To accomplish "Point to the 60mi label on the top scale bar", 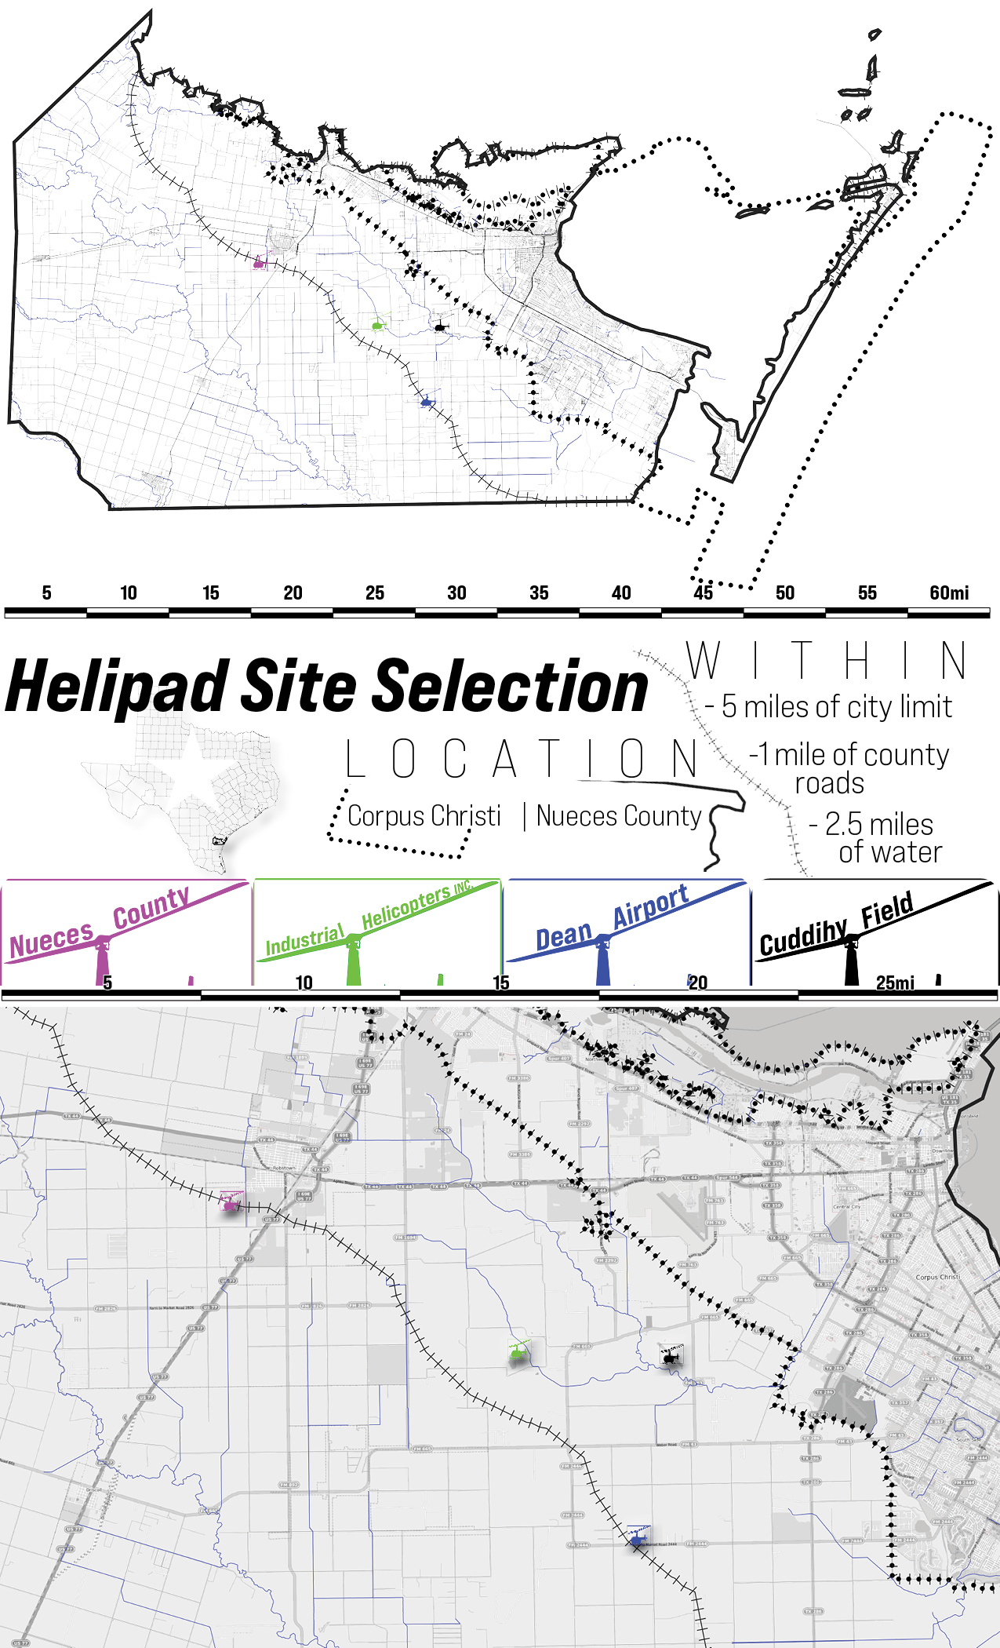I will click(949, 593).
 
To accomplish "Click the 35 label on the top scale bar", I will click(539, 593).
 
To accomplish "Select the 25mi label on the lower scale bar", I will click(895, 983).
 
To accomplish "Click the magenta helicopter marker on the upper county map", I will click(259, 262).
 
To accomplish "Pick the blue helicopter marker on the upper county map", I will click(427, 402).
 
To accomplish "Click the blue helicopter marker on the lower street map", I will click(637, 1540).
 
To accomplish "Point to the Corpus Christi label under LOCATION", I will click(424, 816).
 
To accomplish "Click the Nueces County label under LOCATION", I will click(619, 816).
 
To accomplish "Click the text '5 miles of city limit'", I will click(836, 707).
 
